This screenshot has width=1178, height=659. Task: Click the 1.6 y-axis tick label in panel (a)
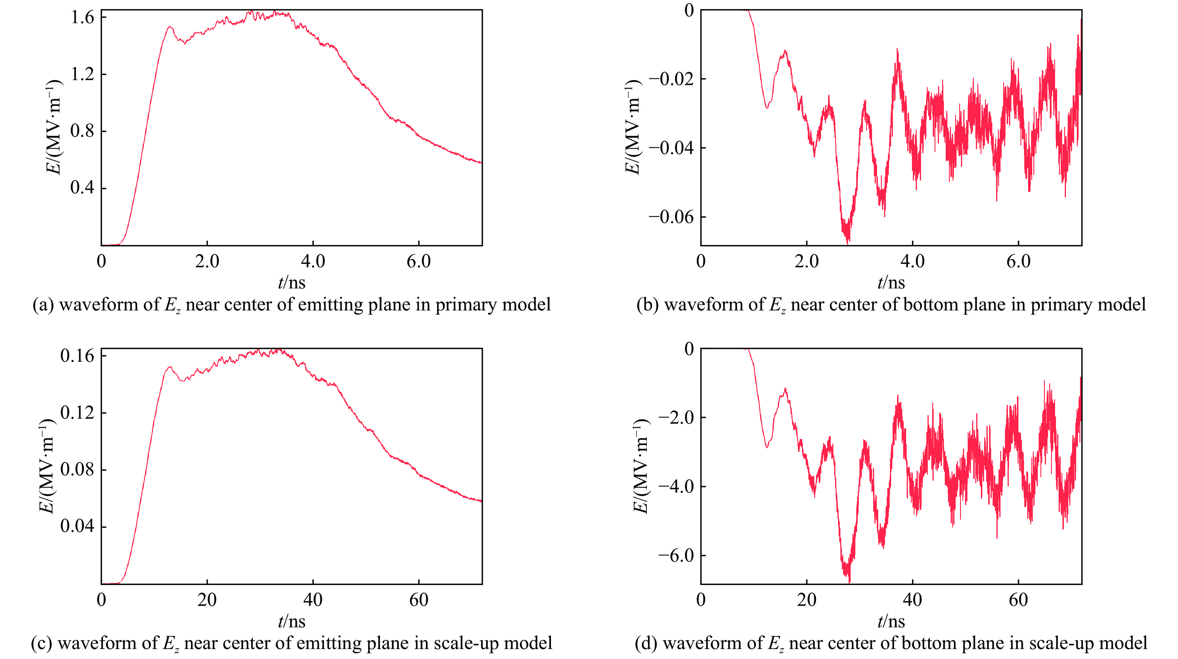[x=82, y=17]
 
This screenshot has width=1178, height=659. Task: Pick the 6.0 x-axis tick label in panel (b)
[x=1018, y=262]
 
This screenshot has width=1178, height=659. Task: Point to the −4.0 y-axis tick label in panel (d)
[x=676, y=486]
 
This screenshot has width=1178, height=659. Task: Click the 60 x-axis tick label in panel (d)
[x=1018, y=600]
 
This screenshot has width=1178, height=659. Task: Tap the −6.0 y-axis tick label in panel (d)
[x=676, y=555]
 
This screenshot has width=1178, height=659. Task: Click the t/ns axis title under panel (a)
[x=291, y=283]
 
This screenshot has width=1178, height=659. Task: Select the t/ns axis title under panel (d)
[x=891, y=621]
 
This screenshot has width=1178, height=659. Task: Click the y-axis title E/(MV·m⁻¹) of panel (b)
[x=633, y=127]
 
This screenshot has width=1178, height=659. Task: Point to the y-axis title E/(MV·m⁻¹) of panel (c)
[x=47, y=467]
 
